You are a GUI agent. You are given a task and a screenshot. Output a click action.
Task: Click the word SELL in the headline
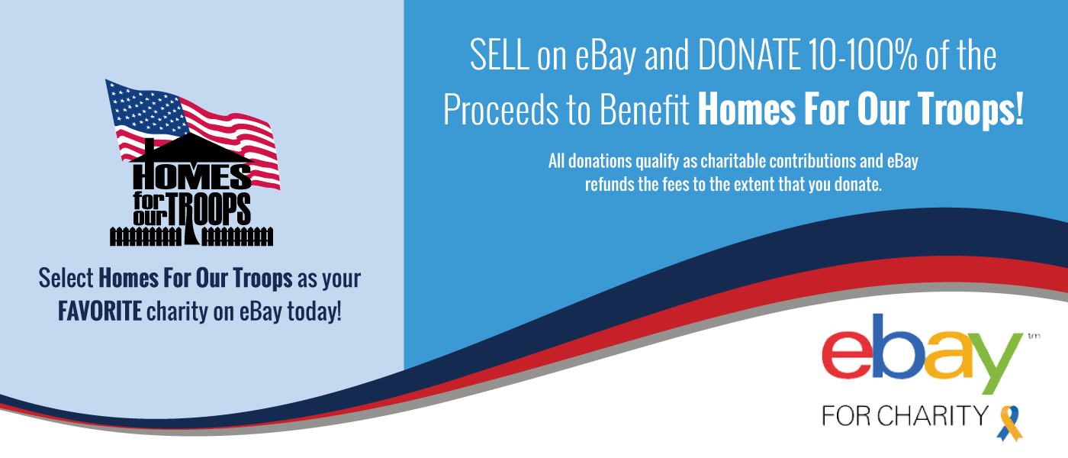tap(500, 57)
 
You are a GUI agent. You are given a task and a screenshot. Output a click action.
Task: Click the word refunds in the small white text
tap(607, 184)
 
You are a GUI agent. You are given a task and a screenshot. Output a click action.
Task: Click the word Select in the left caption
tap(66, 279)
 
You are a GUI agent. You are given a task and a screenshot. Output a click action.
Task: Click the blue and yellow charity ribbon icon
tap(1009, 422)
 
